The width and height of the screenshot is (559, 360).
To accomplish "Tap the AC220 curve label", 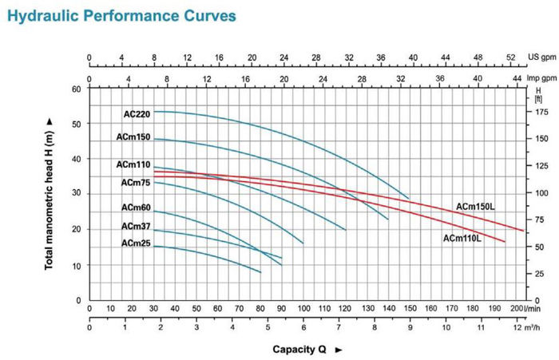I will [137, 114].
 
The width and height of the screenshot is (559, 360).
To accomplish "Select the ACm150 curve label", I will [133, 138].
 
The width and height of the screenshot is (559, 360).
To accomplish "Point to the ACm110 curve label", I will [133, 164].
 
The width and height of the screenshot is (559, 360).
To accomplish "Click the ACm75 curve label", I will [136, 182].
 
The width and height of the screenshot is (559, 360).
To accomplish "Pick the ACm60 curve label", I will [136, 208].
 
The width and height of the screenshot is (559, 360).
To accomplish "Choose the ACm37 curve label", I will [136, 227].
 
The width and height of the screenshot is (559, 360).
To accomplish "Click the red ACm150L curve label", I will [476, 207].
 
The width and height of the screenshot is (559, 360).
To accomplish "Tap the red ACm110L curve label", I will [462, 237].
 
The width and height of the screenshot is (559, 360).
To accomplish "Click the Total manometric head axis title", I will [50, 192].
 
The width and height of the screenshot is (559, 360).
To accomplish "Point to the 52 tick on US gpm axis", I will [511, 58].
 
